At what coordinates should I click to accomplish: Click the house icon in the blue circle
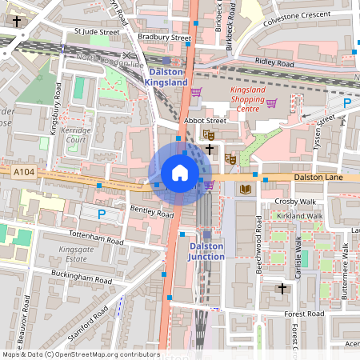(x=180, y=173)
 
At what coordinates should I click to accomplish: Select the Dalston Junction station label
(x=206, y=251)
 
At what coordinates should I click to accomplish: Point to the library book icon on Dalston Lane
(x=246, y=189)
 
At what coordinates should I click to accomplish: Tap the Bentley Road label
(x=152, y=214)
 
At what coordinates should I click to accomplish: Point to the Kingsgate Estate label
(x=76, y=254)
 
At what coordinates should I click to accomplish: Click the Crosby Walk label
(x=296, y=202)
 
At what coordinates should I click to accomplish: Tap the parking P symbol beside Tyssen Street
(x=346, y=103)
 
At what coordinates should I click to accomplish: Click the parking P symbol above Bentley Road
(x=101, y=214)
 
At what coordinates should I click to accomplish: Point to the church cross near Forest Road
(x=282, y=288)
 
